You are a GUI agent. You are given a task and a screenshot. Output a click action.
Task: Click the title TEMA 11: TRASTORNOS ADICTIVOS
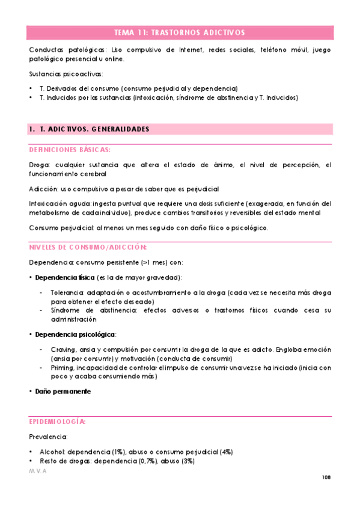pos(180,32)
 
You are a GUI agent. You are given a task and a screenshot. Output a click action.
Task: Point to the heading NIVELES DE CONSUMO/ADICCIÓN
pos(88,247)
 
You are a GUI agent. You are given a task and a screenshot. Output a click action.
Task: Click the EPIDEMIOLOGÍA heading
pos(58,422)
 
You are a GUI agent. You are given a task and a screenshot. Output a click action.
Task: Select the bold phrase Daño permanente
pos(63,392)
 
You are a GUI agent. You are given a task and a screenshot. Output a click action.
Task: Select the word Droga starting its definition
pos(40,165)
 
